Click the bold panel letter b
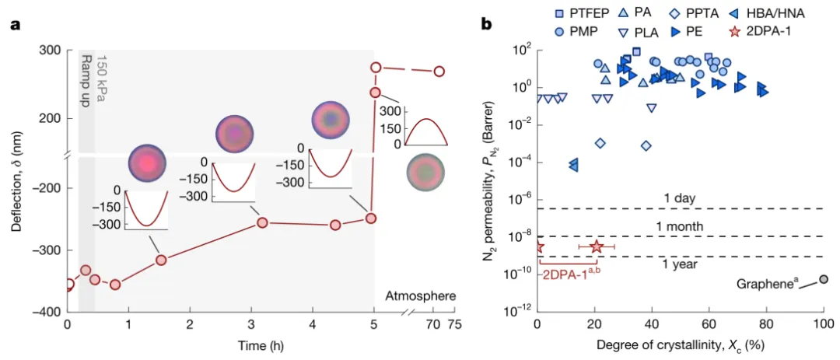coord(486,25)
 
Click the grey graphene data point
coord(824,279)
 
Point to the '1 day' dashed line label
coord(680,198)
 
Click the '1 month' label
coord(680,226)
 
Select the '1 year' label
coord(680,264)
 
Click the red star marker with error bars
coord(597,246)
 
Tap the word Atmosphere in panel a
coord(420,295)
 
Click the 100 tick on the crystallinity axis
coord(823,323)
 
